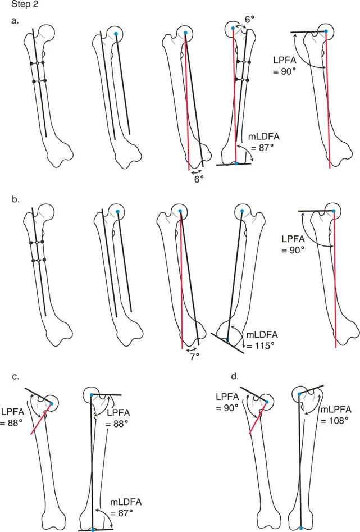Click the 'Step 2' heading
[x=16, y=6]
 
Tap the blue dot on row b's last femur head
[x=334, y=211]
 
